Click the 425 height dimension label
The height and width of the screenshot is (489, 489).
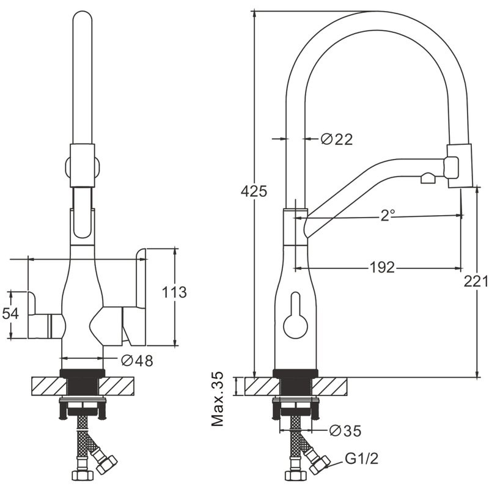(x=254, y=191)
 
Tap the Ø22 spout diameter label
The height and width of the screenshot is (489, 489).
(x=337, y=139)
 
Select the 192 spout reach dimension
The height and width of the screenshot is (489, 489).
(x=383, y=267)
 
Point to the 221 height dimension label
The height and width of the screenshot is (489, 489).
(x=476, y=281)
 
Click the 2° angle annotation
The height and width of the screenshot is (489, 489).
(x=388, y=215)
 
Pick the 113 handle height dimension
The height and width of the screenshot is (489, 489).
(x=174, y=292)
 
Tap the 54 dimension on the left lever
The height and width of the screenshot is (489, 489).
(x=10, y=314)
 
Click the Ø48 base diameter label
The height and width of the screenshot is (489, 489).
(x=137, y=361)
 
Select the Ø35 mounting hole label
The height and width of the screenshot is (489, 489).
(x=345, y=431)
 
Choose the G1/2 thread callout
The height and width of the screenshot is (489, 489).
(x=362, y=458)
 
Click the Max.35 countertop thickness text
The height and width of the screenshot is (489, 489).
(x=218, y=399)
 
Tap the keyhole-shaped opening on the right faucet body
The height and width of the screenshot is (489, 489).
(x=295, y=315)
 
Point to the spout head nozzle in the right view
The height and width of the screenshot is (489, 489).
(x=460, y=166)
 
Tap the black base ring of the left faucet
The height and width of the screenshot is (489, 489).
(x=82, y=373)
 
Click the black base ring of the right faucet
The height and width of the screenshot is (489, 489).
(x=295, y=373)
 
